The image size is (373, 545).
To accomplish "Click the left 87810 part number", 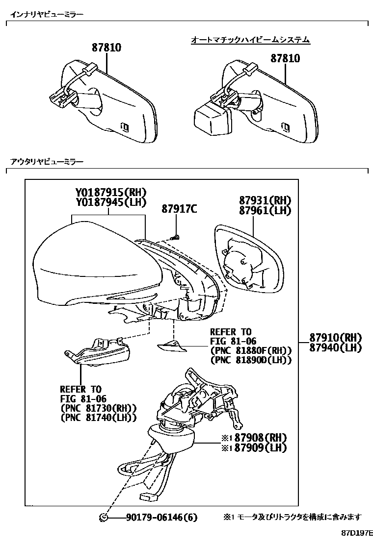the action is click(106, 48).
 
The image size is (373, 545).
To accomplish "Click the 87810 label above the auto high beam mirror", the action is click(285, 58).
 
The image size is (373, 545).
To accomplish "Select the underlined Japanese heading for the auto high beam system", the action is click(250, 40).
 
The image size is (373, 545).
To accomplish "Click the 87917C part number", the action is click(179, 209).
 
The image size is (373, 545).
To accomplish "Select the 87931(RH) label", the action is click(265, 200).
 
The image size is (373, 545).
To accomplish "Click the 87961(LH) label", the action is click(265, 210).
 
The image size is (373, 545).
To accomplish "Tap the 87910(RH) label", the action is click(335, 338).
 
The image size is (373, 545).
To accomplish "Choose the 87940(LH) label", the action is click(335, 347).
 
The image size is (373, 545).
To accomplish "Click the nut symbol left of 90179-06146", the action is click(104, 517).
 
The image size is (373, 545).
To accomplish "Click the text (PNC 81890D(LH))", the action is click(250, 360).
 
